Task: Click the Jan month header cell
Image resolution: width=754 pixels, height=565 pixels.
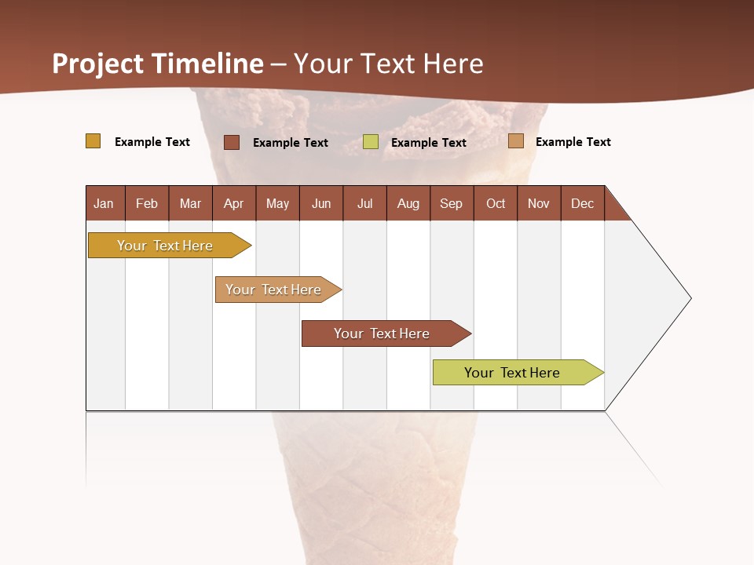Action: coord(104,203)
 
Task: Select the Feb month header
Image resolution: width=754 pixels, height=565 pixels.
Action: coord(147,203)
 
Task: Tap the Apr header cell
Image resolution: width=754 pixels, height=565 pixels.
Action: coord(233,203)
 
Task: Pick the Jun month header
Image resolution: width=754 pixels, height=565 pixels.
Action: coord(321,203)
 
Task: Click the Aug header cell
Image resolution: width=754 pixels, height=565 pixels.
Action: coord(408,203)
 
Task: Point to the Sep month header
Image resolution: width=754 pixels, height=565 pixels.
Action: coord(451,203)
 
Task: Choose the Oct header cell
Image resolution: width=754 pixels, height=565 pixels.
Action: coord(496,203)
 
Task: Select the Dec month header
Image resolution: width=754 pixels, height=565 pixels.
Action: coord(582,203)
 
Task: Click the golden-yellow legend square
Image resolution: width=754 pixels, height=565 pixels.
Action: coord(93,141)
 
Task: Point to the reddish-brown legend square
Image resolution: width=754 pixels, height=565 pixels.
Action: coord(232,142)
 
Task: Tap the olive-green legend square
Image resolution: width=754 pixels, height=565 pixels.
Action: coord(371,142)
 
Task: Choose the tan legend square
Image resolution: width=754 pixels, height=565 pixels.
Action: coord(516,141)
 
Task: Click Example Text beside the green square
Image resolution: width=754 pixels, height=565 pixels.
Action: coord(428,143)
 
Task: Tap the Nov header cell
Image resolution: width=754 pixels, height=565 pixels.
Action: coord(539,203)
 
